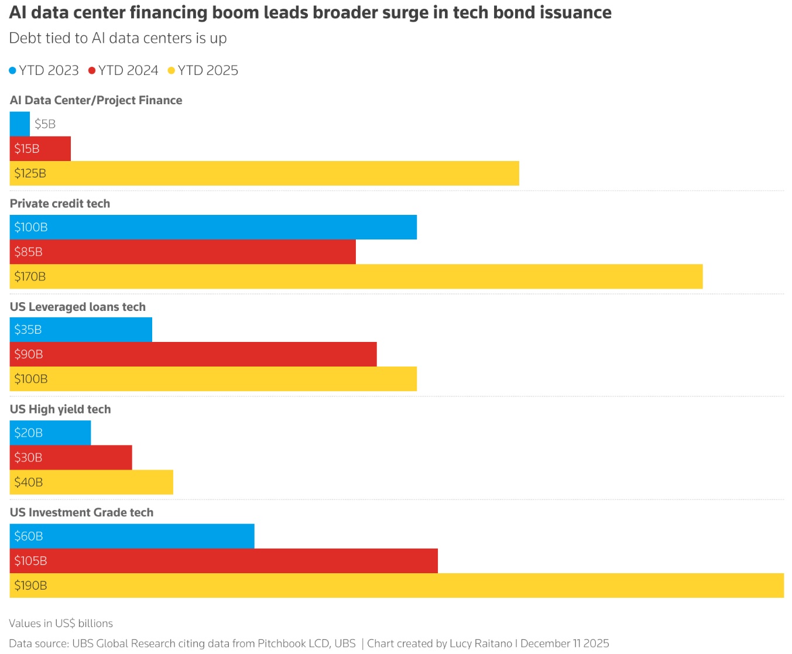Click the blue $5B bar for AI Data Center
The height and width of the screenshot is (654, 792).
pyautogui.click(x=20, y=124)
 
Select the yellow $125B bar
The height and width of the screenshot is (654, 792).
pyautogui.click(x=265, y=173)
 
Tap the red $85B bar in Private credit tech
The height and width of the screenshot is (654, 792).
pyautogui.click(x=183, y=252)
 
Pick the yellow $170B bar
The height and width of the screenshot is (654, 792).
pyautogui.click(x=356, y=276)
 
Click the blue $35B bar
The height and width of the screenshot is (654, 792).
pyautogui.click(x=81, y=329)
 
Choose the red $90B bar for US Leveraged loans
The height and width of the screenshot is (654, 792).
pyautogui.click(x=193, y=354)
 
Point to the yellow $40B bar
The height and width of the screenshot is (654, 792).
pyautogui.click(x=91, y=482)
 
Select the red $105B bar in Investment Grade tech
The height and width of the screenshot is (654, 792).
pyautogui.click(x=224, y=560)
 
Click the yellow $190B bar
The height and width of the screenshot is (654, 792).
pyautogui.click(x=397, y=585)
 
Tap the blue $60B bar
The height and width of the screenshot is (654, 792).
pyautogui.click(x=132, y=536)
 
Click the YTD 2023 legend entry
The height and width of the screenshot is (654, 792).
pyautogui.click(x=44, y=70)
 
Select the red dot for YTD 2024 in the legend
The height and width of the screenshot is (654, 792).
pyautogui.click(x=91, y=71)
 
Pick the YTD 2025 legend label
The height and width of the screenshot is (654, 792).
pyautogui.click(x=208, y=70)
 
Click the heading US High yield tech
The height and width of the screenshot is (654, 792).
pyautogui.click(x=60, y=409)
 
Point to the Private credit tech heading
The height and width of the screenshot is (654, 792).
pyautogui.click(x=60, y=203)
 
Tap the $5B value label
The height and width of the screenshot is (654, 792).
pyautogui.click(x=45, y=124)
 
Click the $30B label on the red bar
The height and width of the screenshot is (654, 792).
pyautogui.click(x=28, y=457)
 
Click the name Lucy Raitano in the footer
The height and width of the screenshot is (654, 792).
pyautogui.click(x=481, y=643)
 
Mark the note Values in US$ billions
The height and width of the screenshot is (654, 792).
pyautogui.click(x=61, y=623)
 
